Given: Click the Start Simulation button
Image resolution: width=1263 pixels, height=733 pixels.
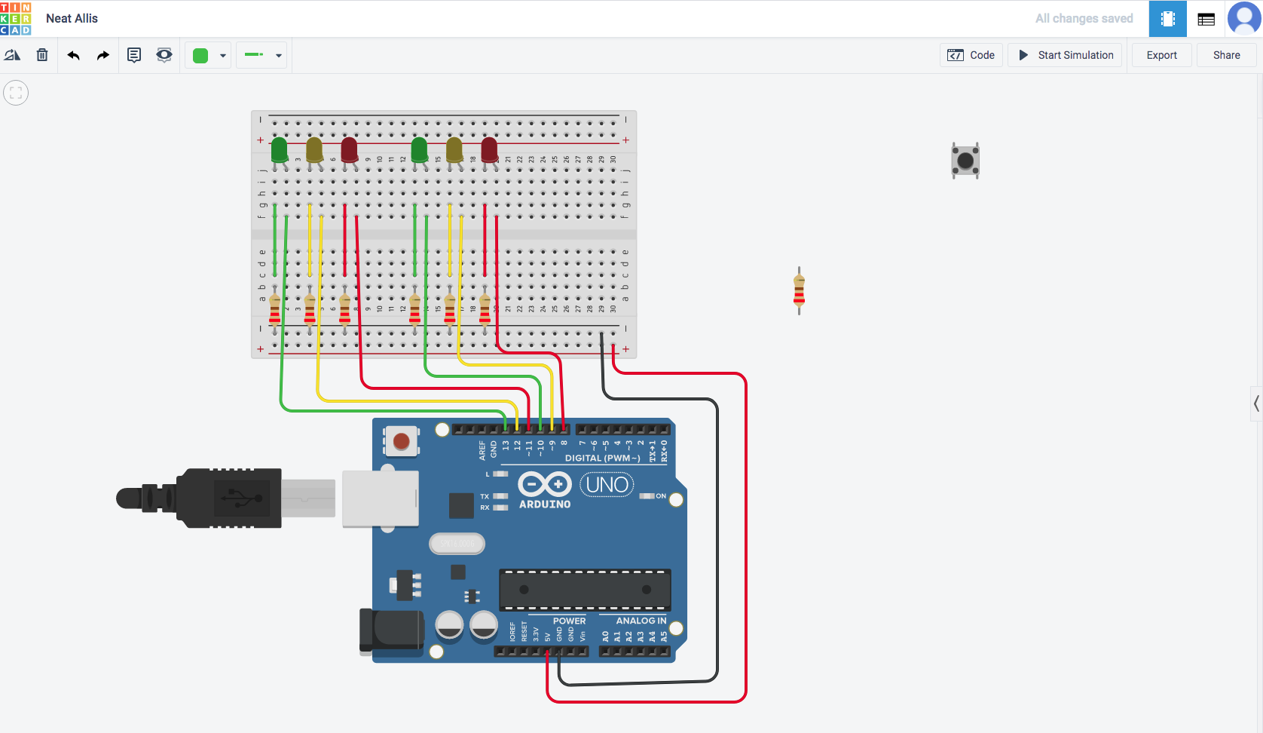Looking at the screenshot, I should tap(1066, 55).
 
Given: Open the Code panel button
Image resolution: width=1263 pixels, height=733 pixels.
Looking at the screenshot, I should tap(971, 55).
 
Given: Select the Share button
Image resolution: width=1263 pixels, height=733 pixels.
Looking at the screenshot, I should tap(1226, 55).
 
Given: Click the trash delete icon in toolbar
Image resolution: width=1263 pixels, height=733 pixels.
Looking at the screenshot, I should tap(42, 55).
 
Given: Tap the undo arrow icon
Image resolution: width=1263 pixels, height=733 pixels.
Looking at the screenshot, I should tap(73, 55).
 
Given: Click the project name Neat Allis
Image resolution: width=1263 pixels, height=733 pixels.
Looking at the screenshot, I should tap(72, 18).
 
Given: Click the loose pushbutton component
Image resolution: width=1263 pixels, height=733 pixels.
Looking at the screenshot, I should tap(965, 161).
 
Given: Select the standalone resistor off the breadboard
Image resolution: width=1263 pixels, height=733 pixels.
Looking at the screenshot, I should tap(799, 291).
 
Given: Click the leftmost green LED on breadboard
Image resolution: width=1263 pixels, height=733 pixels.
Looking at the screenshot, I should tap(279, 149).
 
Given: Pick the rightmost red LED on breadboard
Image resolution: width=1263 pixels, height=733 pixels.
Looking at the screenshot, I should tap(489, 149).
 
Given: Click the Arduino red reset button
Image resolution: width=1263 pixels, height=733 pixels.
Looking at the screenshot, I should tap(402, 441).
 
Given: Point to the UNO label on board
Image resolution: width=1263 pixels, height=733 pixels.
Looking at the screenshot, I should tap(607, 485).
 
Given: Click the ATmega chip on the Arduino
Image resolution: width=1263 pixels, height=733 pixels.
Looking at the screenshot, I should tap(585, 590).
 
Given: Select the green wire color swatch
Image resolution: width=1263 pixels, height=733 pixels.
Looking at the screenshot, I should tap(200, 55).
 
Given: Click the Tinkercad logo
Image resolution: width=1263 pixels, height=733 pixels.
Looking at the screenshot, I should tap(16, 18).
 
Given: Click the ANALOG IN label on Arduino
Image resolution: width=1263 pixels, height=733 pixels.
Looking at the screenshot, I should tap(641, 621).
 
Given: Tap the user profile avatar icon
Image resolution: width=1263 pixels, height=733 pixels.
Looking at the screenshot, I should tap(1243, 18).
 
